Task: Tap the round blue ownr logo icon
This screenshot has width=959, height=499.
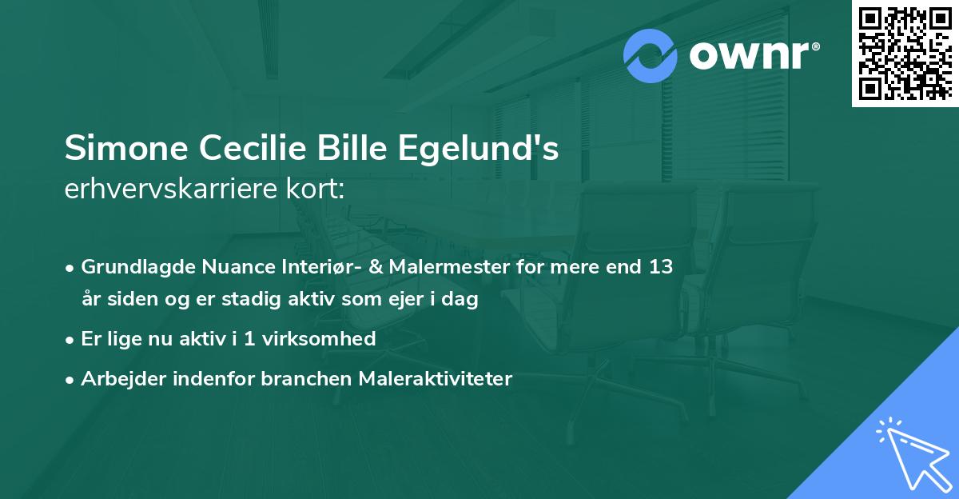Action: (651, 56)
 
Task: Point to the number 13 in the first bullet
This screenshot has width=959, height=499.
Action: (660, 268)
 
